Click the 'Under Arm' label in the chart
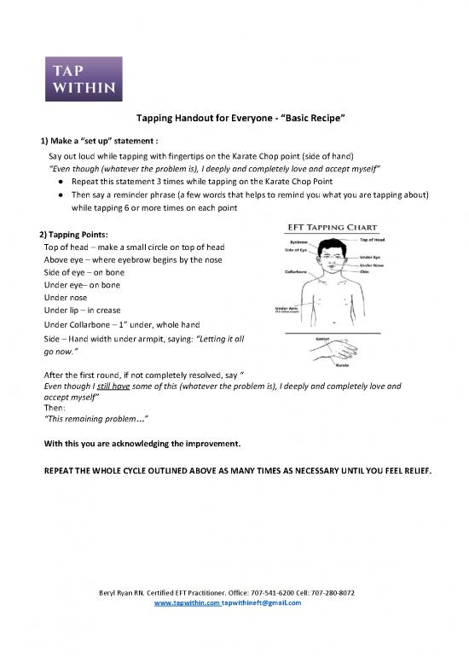click(287, 309)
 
